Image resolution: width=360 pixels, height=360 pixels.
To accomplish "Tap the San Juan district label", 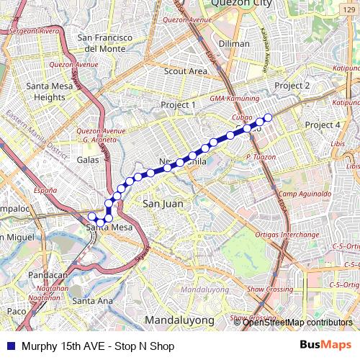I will point(163,204).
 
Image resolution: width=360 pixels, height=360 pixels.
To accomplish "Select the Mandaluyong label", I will point(179,319).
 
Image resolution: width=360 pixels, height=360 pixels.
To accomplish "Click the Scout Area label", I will point(186,71).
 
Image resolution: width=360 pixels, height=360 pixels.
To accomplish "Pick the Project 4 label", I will point(322,125).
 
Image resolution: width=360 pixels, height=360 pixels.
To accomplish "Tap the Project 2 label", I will point(292,86).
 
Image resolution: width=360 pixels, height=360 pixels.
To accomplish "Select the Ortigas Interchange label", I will point(287,235).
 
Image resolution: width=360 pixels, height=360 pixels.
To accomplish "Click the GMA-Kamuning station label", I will point(214,97).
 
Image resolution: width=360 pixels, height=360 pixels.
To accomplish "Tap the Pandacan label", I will point(48,275).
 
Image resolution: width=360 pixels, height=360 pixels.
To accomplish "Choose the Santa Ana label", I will point(93,300).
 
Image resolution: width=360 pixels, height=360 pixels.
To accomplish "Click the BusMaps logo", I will point(326,346).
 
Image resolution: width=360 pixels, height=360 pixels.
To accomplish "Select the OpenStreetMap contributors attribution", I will point(297,323).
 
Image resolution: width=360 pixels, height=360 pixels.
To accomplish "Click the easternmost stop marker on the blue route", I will point(268,117).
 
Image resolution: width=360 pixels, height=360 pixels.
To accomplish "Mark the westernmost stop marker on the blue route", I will point(91,217).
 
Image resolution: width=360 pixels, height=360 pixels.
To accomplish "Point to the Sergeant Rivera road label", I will point(33,31).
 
